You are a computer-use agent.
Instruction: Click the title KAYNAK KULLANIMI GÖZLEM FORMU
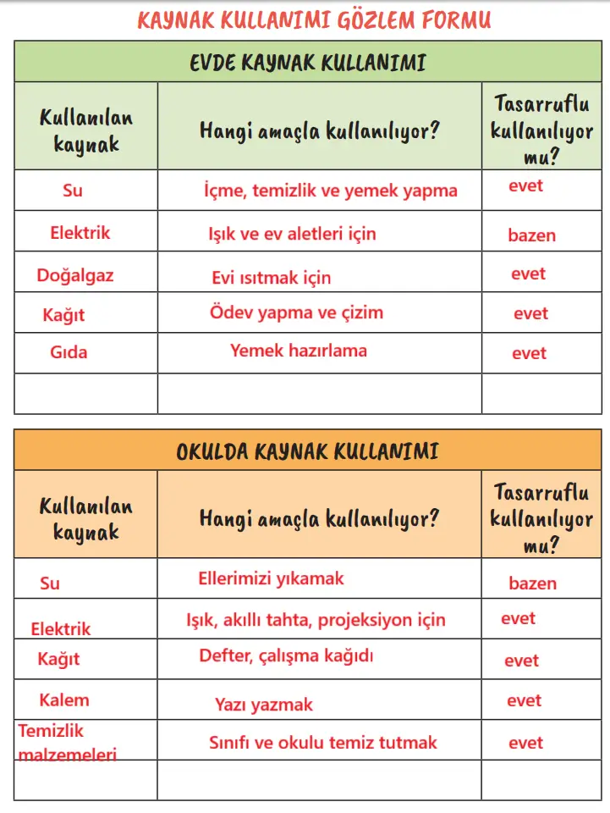(x=313, y=20)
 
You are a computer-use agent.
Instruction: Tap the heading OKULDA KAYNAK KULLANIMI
(x=307, y=451)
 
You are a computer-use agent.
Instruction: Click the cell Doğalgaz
(x=75, y=275)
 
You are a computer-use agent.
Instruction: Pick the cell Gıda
(x=69, y=352)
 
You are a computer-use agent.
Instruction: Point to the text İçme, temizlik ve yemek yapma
(x=330, y=191)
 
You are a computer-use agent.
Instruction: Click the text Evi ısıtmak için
(x=271, y=278)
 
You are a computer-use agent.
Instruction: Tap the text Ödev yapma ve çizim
(x=296, y=312)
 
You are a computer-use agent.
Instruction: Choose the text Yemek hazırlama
(x=299, y=350)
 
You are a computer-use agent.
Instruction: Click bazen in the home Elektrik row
(x=531, y=235)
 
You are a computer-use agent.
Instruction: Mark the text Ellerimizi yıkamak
(x=271, y=579)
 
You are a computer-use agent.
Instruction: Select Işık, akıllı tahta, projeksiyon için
(x=316, y=620)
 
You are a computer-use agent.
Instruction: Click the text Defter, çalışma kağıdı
(x=286, y=655)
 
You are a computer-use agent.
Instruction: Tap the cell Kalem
(x=63, y=700)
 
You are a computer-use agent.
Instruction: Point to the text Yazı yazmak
(x=264, y=705)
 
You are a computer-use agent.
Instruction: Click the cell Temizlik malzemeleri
(x=68, y=742)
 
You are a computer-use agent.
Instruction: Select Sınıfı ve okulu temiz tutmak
(x=323, y=743)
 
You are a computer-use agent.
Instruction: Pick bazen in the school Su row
(x=532, y=583)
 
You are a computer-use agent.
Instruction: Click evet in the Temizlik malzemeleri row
(x=525, y=743)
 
